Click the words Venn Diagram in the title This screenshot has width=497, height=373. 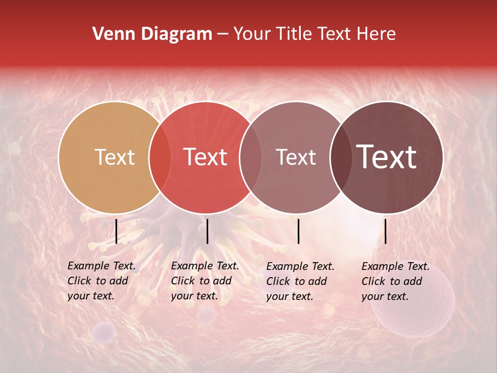(x=152, y=34)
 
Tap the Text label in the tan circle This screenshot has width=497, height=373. (x=114, y=157)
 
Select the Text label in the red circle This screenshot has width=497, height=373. (x=205, y=157)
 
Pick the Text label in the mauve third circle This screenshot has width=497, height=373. (x=296, y=157)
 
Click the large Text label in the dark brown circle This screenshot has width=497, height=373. (x=387, y=157)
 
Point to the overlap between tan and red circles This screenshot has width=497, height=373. (x=160, y=157)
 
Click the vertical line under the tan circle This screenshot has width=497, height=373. (x=116, y=231)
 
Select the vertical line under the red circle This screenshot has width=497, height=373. (x=207, y=231)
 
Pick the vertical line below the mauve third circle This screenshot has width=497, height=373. (x=298, y=231)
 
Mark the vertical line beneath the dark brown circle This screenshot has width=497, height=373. (x=385, y=231)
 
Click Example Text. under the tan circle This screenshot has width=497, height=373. (x=101, y=266)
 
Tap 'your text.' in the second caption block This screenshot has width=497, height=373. (x=194, y=296)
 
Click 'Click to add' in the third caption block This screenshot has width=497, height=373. (x=297, y=281)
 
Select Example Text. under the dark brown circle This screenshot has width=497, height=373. (x=396, y=266)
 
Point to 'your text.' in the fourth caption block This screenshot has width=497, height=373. (x=385, y=296)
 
